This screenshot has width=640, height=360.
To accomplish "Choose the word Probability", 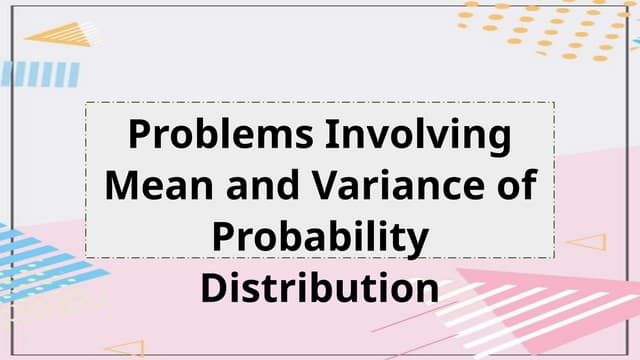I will (320, 238).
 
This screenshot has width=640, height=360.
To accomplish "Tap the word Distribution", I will (320, 288).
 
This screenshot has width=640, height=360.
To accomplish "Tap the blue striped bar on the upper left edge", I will (40, 73).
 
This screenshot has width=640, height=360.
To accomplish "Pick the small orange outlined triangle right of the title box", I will (589, 241).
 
